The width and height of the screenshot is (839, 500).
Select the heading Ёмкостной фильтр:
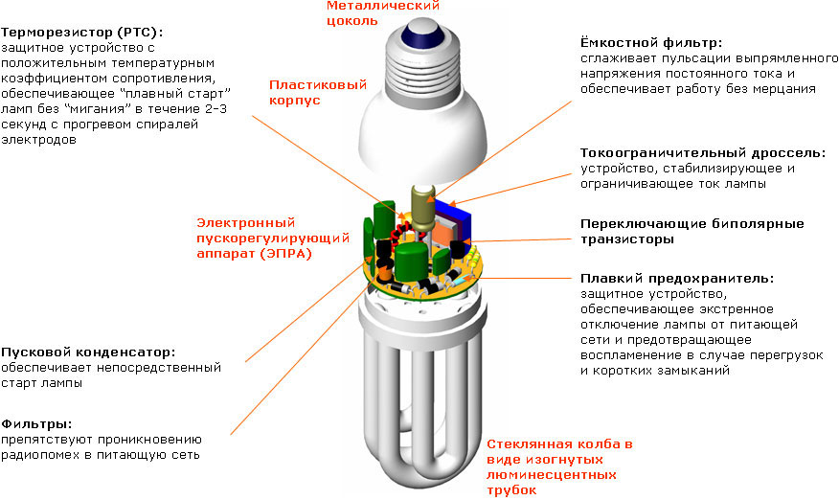pos(650,43)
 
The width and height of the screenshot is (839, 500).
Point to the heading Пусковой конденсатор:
pos(88,352)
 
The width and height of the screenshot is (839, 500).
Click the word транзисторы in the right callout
pos(626,239)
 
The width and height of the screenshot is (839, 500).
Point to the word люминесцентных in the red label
pos(551,474)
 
